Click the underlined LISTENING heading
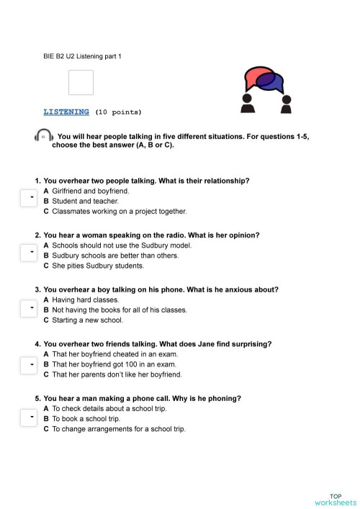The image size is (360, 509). [x=66, y=112]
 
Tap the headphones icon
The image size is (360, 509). [x=43, y=136]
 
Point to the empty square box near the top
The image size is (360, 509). [x=81, y=82]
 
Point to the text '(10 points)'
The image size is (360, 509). [x=119, y=112]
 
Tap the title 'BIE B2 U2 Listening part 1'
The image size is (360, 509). [x=83, y=55]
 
